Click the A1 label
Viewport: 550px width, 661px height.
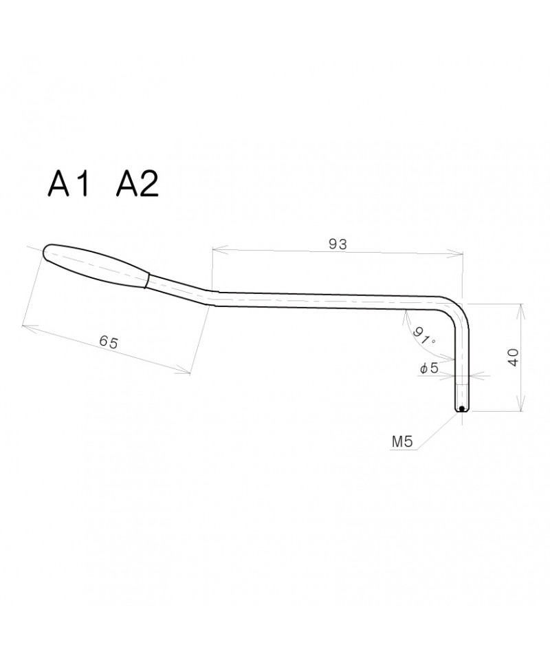(69, 184)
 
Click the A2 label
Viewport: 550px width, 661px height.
(137, 184)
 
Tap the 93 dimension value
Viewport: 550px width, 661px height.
(338, 244)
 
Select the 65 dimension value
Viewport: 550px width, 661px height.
(109, 342)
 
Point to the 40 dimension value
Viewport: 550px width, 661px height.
(514, 357)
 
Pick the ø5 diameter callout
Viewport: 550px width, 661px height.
(429, 368)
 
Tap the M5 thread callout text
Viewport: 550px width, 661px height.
(402, 442)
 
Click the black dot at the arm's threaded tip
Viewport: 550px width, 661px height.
(461, 408)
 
